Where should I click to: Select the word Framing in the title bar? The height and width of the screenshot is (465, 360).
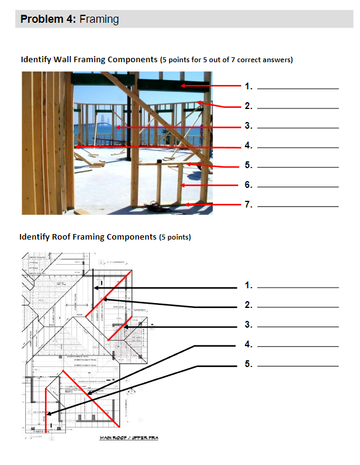[99, 19]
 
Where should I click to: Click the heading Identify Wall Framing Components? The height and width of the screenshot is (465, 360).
[89, 60]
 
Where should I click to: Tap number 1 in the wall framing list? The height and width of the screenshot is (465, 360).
[248, 86]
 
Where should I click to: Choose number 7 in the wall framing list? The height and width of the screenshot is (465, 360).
[248, 204]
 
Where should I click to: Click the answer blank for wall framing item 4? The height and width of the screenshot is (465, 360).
[298, 148]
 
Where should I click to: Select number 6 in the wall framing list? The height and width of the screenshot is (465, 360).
[248, 185]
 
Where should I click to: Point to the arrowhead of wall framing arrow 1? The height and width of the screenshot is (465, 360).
[183, 86]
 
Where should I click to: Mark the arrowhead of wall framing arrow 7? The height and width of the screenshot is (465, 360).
[186, 204]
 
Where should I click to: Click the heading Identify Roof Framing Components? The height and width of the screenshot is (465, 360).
[88, 237]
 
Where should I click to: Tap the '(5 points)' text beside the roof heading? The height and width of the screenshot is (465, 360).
[175, 237]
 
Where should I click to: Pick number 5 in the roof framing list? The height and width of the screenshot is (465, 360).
[248, 364]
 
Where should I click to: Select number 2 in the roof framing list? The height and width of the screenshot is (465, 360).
[248, 305]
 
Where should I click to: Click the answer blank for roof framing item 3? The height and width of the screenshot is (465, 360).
[298, 326]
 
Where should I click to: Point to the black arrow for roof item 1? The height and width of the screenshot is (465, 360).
[166, 287]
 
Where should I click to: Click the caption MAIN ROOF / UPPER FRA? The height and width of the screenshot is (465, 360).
[130, 439]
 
